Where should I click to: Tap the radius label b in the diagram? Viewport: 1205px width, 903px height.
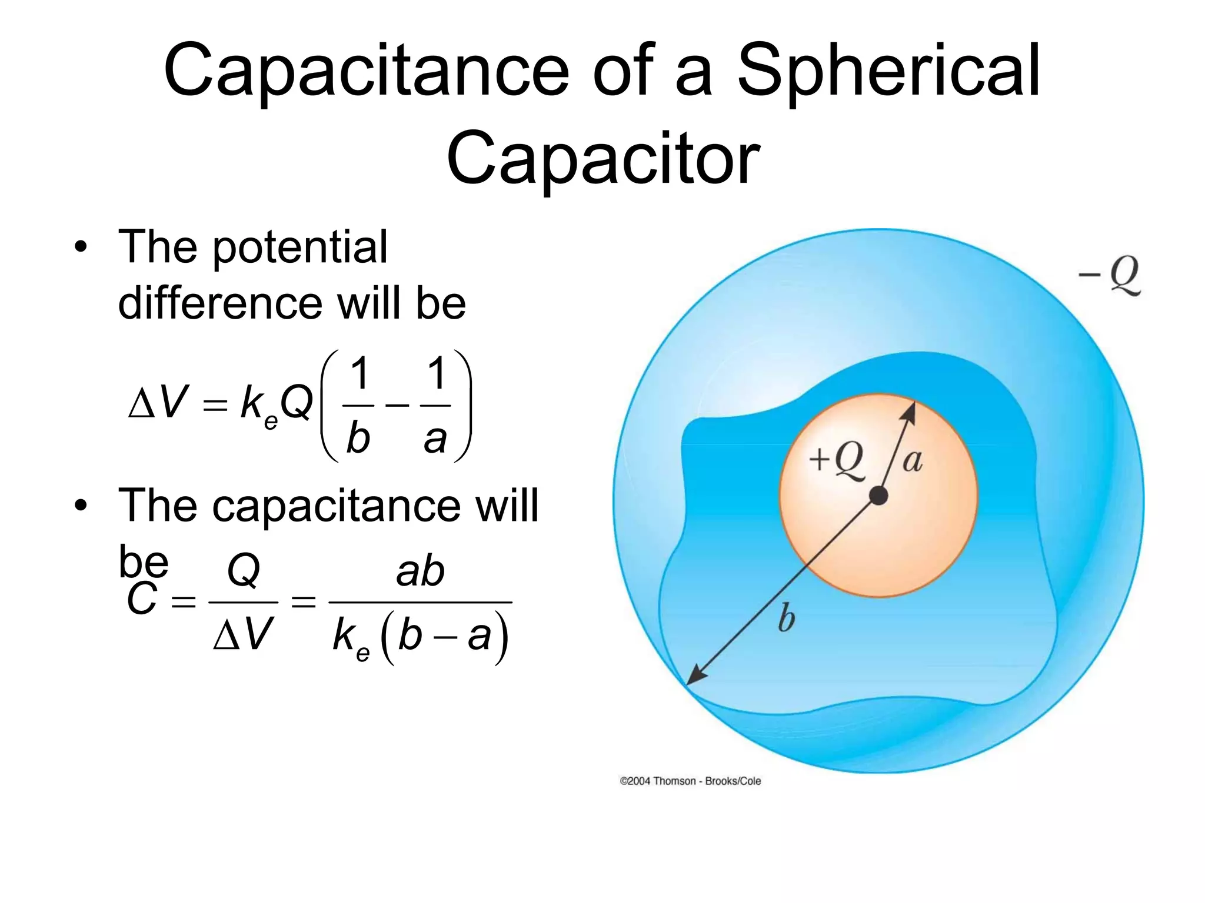coord(786,618)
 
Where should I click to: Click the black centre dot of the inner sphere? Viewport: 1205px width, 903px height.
coord(878,496)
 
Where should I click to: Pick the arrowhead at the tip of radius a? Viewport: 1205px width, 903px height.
coord(910,409)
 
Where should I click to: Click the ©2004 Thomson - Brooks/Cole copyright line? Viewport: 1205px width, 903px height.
coord(690,781)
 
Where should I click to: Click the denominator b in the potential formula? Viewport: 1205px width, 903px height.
coord(358,439)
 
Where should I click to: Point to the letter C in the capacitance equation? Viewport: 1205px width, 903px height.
coord(142,600)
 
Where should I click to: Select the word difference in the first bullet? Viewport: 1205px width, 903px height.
coord(221,303)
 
